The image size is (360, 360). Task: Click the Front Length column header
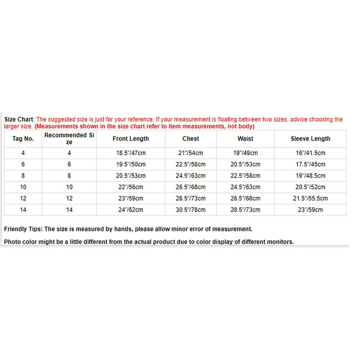click(131, 139)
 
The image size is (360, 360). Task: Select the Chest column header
click(190, 139)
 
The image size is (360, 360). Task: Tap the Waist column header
click(245, 139)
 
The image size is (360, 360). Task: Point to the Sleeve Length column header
click(310, 139)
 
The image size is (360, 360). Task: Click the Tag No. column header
click(23, 139)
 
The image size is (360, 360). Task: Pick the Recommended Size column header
click(69, 138)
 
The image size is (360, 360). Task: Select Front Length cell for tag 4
click(131, 153)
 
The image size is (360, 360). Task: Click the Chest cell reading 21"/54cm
click(190, 153)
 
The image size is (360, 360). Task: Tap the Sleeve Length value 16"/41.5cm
click(310, 153)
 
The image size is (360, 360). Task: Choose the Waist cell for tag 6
click(245, 165)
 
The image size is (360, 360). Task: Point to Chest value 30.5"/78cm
click(190, 210)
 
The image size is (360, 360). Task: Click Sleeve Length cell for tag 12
click(310, 198)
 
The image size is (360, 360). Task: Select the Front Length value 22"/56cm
click(131, 187)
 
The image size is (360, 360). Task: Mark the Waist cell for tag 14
click(245, 210)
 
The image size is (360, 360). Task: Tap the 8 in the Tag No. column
click(23, 176)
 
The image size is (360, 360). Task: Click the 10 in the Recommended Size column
click(69, 187)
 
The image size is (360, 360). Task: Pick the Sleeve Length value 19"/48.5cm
click(310, 176)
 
